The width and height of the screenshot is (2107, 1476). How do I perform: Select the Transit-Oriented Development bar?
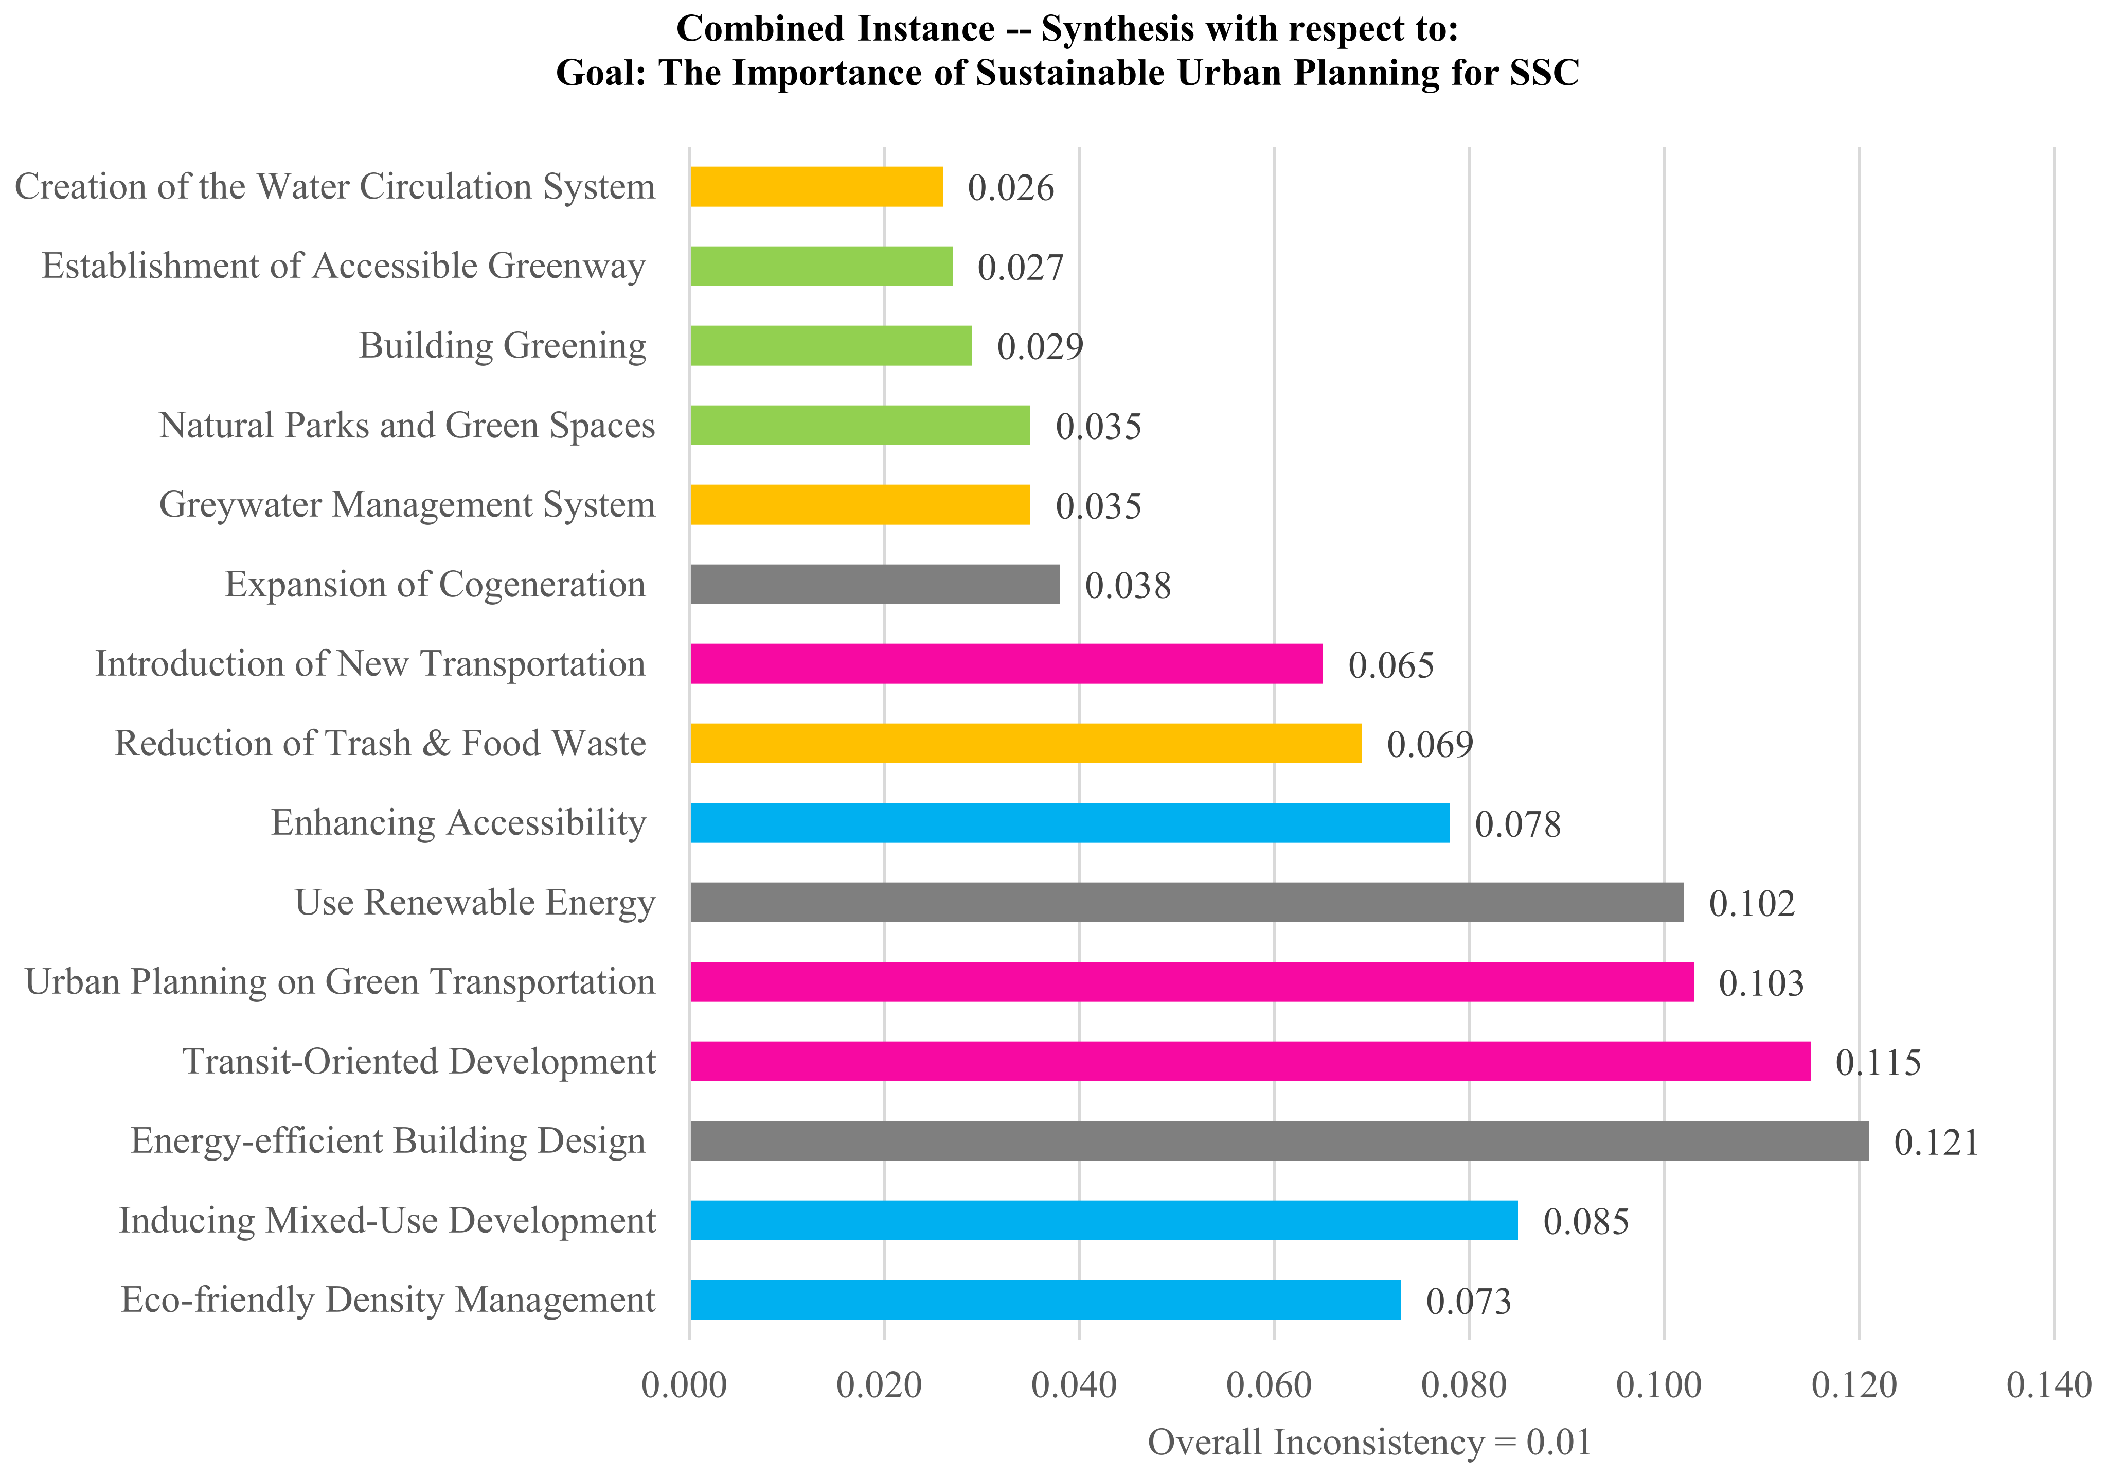coord(1250,1061)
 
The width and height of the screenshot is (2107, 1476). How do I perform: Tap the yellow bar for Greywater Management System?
coord(860,505)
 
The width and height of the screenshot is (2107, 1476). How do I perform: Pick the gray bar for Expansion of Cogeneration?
coord(874,585)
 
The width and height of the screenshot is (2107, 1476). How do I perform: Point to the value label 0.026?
coord(1010,188)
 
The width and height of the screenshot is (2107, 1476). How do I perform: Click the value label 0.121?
coord(1936,1143)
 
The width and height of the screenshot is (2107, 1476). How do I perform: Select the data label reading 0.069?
coord(1429,745)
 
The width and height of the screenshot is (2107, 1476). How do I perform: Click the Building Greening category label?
coord(502,346)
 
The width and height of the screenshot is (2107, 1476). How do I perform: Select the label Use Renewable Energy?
coord(474,902)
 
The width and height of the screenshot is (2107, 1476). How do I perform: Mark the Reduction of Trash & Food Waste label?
coord(380,744)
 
